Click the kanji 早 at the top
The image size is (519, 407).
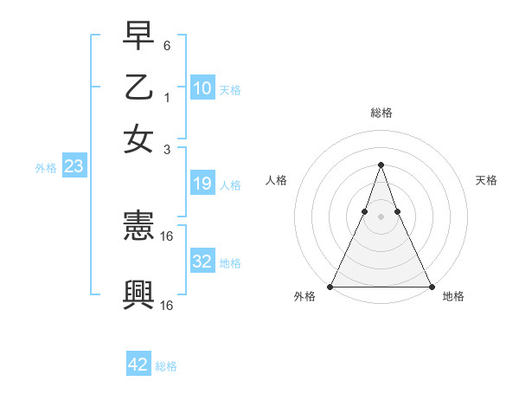pos(138,37)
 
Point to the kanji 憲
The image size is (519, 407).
pos(138,228)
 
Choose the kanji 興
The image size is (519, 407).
pos(138,295)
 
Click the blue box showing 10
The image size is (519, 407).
pos(202,88)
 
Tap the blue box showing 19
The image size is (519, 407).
pos(202,184)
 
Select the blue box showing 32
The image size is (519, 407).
pos(202,262)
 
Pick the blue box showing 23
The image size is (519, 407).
pos(74,167)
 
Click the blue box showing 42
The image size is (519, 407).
pos(138,365)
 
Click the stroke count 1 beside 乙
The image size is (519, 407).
pos(167,98)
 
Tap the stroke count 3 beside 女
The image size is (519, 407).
pos(167,149)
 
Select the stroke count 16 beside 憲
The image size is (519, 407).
pos(167,236)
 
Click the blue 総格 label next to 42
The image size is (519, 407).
pos(166,366)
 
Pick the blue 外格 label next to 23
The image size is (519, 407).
pos(46,169)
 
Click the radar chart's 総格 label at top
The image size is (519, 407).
pos(381,113)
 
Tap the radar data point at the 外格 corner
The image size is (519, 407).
pos(330,286)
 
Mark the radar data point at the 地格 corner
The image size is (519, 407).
pos(431,286)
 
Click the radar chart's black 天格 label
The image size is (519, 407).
pos(486,180)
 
